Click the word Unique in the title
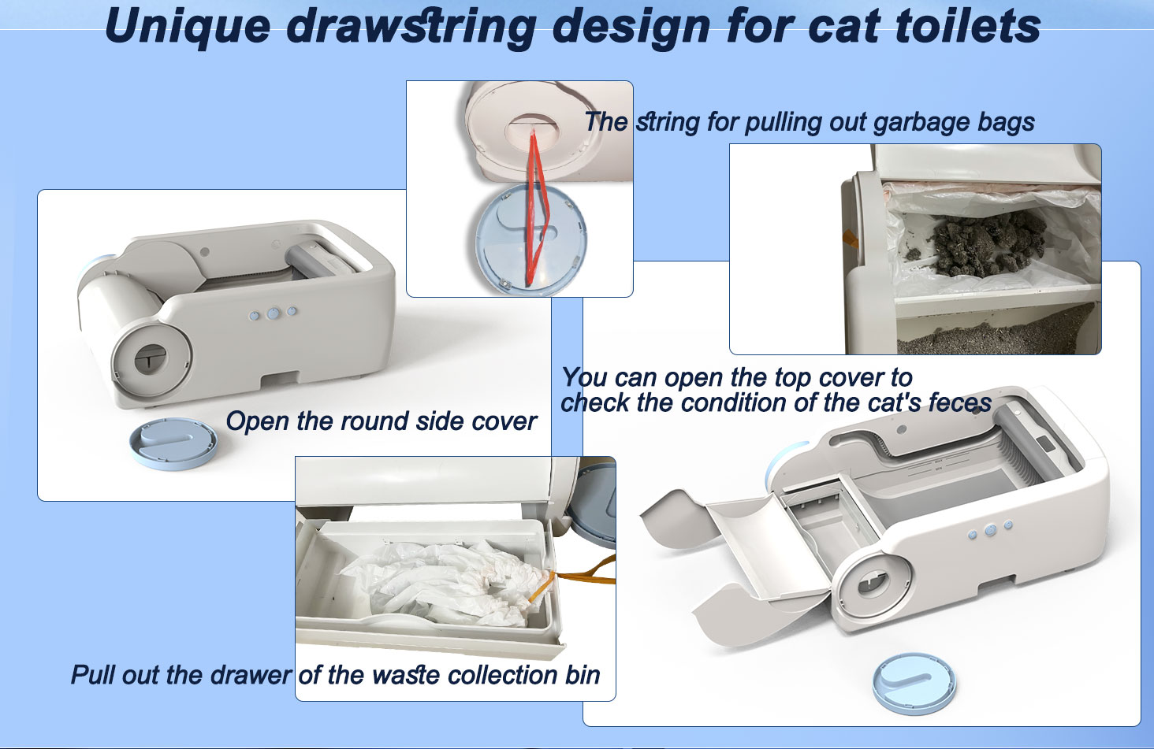187,26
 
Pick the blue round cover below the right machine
914,682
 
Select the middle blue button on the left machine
273,313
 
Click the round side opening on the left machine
150,359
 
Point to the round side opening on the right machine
869,584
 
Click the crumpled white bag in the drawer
441,583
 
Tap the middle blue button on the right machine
990,530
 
